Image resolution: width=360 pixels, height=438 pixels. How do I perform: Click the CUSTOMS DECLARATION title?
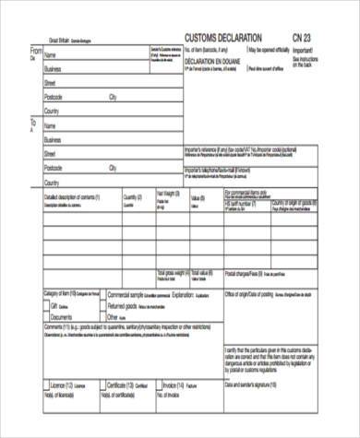click(x=230, y=37)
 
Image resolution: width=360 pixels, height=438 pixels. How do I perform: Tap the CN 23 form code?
click(x=302, y=37)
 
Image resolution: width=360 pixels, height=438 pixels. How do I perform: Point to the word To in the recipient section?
click(x=34, y=121)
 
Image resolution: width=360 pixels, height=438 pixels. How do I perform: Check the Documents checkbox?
click(x=47, y=315)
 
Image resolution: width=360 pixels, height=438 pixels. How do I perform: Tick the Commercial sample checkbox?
click(x=102, y=294)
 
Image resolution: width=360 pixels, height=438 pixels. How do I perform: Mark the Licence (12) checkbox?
click(x=47, y=384)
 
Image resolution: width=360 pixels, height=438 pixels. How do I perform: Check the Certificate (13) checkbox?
click(x=102, y=384)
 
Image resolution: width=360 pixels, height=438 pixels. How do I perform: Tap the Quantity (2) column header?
click(x=131, y=196)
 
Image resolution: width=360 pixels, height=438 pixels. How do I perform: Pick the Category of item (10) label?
click(x=70, y=293)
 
